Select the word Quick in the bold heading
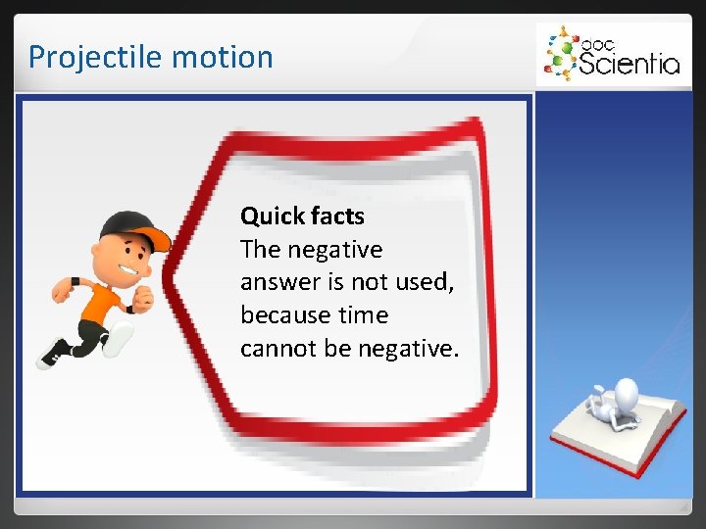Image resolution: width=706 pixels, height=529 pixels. (x=269, y=216)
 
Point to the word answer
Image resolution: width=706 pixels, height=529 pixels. (x=277, y=283)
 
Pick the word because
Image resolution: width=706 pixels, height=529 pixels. (x=284, y=315)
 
